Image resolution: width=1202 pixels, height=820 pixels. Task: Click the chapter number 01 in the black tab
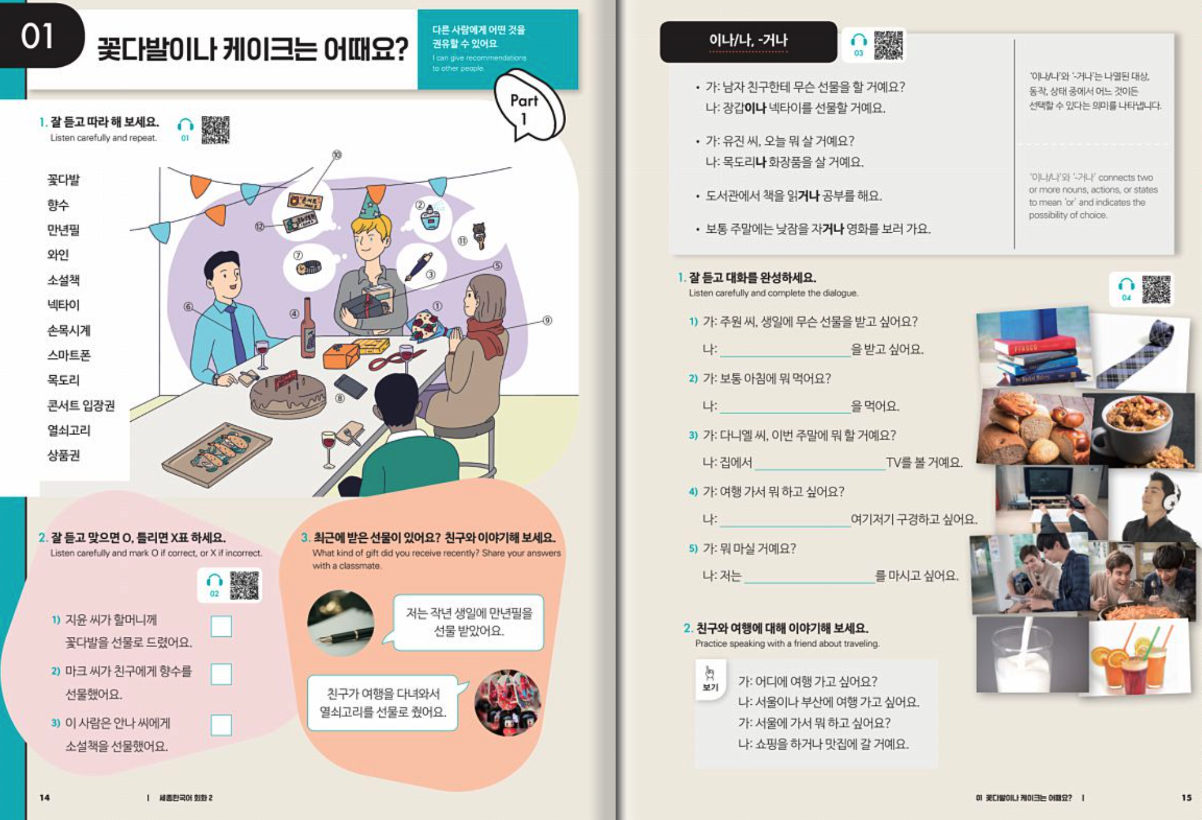click(x=38, y=37)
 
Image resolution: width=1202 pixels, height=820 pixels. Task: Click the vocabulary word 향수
click(x=58, y=205)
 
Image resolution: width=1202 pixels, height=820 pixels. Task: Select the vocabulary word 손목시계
click(x=69, y=330)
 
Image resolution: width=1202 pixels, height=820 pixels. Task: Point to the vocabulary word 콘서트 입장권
click(x=81, y=405)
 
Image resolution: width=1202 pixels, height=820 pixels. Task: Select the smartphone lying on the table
click(x=350, y=386)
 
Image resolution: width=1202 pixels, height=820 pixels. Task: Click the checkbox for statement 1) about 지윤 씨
click(x=221, y=626)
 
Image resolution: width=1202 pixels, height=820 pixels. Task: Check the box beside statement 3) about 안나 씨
click(x=221, y=725)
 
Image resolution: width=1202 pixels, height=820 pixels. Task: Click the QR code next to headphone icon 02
click(x=244, y=585)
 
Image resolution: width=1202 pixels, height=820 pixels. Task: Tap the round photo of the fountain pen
click(x=340, y=623)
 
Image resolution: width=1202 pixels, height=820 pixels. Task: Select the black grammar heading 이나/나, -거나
click(x=748, y=41)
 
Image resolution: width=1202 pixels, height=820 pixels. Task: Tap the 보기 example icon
click(x=710, y=678)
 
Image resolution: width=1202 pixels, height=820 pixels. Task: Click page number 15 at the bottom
click(x=1186, y=798)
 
